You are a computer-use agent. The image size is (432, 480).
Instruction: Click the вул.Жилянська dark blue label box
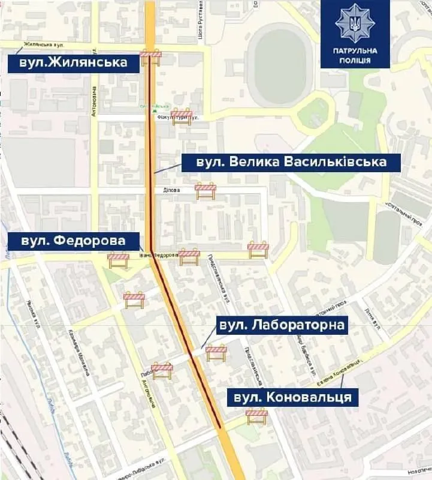[72, 62]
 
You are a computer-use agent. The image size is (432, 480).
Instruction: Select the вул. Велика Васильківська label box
[283, 162]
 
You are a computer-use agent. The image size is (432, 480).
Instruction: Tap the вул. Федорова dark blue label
[73, 241]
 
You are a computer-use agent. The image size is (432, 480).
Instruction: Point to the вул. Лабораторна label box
[281, 326]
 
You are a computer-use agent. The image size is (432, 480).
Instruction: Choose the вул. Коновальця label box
[292, 397]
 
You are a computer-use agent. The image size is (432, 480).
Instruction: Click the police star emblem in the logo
[355, 23]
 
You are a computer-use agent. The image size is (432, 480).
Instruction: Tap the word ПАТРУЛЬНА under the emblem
[355, 50]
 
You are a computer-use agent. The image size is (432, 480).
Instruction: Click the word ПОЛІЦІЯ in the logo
[355, 60]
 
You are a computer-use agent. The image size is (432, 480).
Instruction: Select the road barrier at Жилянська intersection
[151, 57]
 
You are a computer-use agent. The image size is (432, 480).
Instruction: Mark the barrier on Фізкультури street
[182, 116]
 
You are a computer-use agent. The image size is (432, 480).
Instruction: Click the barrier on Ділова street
[206, 191]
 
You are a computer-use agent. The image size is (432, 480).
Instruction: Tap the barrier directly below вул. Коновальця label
[256, 416]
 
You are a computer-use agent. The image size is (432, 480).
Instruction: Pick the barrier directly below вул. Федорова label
[118, 260]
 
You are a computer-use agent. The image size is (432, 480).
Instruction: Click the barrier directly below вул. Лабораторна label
[216, 353]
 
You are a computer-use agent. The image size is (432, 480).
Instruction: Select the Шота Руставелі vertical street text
[201, 21]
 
